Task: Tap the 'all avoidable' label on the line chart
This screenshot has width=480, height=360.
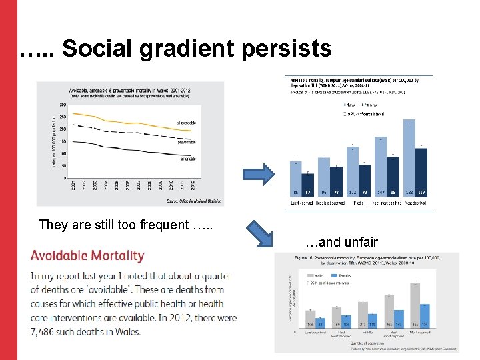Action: [187, 123]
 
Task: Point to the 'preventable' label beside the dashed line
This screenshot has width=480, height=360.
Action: [187, 142]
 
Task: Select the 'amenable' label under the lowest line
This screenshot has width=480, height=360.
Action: [187, 159]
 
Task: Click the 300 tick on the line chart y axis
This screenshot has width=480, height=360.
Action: [62, 105]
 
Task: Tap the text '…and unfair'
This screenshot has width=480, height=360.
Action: [341, 242]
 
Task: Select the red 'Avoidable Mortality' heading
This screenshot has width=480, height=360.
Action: [87, 255]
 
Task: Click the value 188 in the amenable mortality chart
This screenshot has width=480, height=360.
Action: [409, 192]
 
